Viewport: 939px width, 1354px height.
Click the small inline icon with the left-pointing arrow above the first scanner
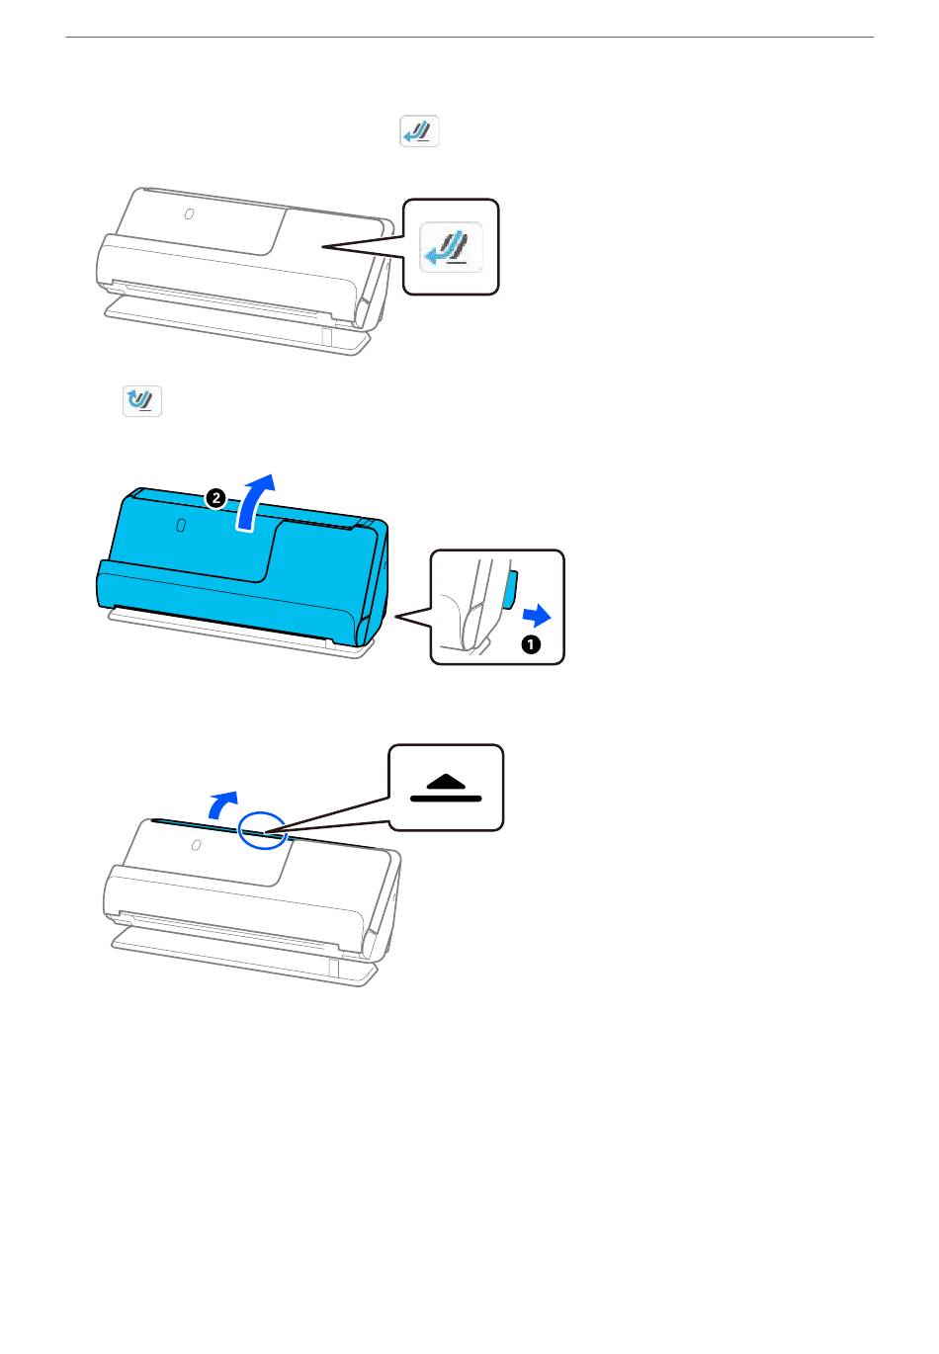(x=419, y=130)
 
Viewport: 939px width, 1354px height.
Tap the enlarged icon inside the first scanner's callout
(x=451, y=247)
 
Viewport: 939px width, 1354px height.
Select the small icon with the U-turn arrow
(x=142, y=400)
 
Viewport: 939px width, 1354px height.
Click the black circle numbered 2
(x=215, y=499)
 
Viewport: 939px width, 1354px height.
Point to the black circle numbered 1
(x=530, y=644)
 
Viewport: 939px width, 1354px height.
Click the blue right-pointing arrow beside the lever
(x=537, y=617)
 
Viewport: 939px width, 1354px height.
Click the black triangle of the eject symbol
(x=446, y=781)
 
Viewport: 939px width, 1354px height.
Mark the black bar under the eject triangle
(x=446, y=799)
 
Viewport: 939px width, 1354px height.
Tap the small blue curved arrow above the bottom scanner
(x=223, y=805)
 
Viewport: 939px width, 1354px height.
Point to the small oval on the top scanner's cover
(x=189, y=214)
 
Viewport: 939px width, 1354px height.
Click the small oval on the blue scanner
(x=180, y=525)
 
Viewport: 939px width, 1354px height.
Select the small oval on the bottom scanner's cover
(x=196, y=844)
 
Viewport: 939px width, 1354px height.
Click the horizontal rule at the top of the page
(x=469, y=37)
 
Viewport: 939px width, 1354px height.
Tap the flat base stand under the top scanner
(x=236, y=326)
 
